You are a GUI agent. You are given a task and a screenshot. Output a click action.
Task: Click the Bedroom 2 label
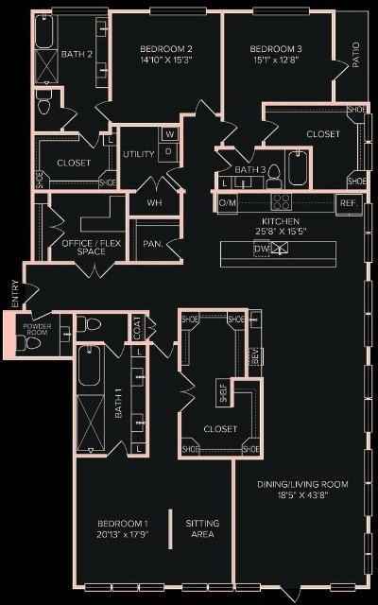coord(166,49)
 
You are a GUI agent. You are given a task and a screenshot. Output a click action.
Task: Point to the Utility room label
coord(138,153)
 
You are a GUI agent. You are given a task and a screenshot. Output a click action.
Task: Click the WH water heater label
coord(154,202)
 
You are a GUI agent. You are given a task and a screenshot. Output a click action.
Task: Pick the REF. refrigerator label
coord(347,202)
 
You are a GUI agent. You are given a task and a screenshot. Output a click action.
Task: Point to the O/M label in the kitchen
coord(227,202)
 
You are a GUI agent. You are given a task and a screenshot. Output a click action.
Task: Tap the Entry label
coord(13,293)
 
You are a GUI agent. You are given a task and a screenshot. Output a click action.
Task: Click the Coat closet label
coord(138,328)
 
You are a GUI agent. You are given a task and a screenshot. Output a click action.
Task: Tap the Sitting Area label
coord(201,528)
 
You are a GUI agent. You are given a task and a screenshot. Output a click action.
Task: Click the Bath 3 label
coord(248,169)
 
